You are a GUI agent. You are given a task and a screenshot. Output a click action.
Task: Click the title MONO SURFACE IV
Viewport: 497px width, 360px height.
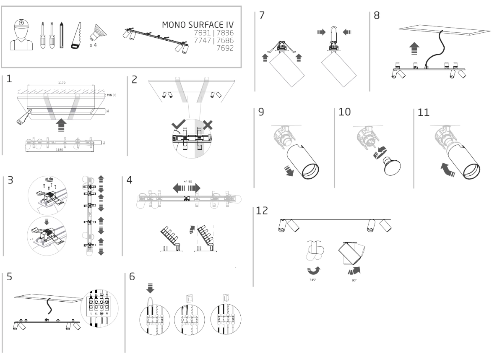tap(198, 25)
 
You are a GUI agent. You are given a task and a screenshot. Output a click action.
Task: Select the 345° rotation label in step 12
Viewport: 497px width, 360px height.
tap(312, 280)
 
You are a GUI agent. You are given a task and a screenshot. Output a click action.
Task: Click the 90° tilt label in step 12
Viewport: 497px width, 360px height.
tap(354, 280)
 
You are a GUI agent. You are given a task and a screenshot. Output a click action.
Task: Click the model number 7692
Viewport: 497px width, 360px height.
tap(226, 48)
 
